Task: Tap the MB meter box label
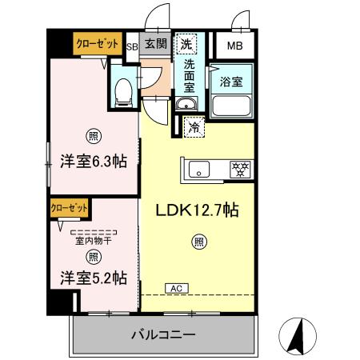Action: (x=234, y=46)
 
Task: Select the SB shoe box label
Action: (x=133, y=46)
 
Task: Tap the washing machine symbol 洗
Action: (x=186, y=42)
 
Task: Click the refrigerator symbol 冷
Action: (x=194, y=126)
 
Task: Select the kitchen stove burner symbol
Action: (x=239, y=169)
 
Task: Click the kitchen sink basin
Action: (x=199, y=169)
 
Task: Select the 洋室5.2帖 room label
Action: (x=92, y=278)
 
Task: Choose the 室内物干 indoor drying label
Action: (x=92, y=240)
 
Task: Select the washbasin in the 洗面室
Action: (x=186, y=105)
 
